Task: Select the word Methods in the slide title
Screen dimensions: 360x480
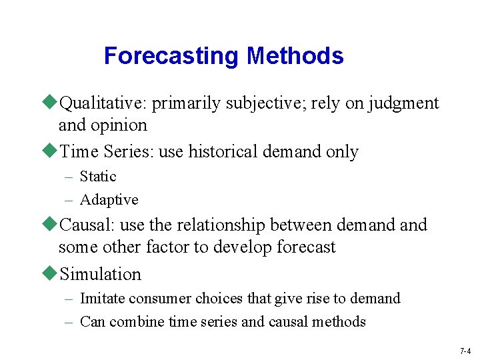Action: [295, 55]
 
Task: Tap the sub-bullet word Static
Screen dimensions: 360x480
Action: [98, 177]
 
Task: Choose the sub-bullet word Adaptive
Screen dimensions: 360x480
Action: [109, 200]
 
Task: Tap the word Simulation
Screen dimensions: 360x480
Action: [100, 274]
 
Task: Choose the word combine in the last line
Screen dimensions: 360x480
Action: [136, 322]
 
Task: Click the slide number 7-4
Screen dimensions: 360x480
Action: [465, 351]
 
